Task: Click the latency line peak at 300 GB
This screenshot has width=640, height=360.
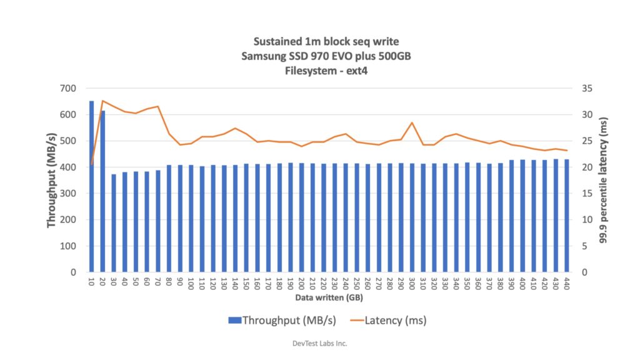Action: (x=412, y=123)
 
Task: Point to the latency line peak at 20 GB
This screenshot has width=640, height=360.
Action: (x=102, y=101)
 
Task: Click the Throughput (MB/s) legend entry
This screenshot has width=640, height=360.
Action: (x=282, y=320)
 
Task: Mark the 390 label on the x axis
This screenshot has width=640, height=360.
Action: (x=512, y=283)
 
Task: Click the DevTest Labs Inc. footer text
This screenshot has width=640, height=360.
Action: (x=319, y=343)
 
